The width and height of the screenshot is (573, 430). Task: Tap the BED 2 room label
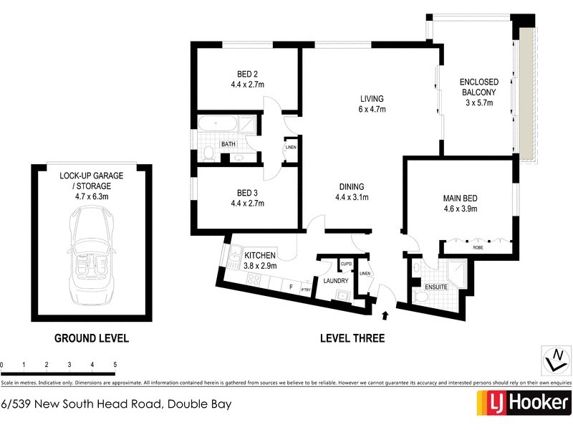[248, 79]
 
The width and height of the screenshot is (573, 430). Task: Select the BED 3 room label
[248, 198]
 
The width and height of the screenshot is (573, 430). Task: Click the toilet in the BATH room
[206, 153]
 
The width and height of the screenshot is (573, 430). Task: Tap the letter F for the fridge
[291, 287]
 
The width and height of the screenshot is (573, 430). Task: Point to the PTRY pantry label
[306, 290]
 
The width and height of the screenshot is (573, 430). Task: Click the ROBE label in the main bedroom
[477, 247]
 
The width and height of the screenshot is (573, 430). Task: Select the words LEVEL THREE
[352, 338]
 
